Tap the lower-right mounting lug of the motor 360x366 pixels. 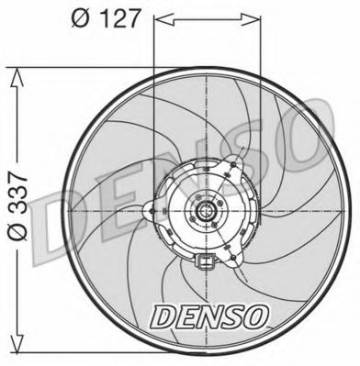click(x=242, y=248)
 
